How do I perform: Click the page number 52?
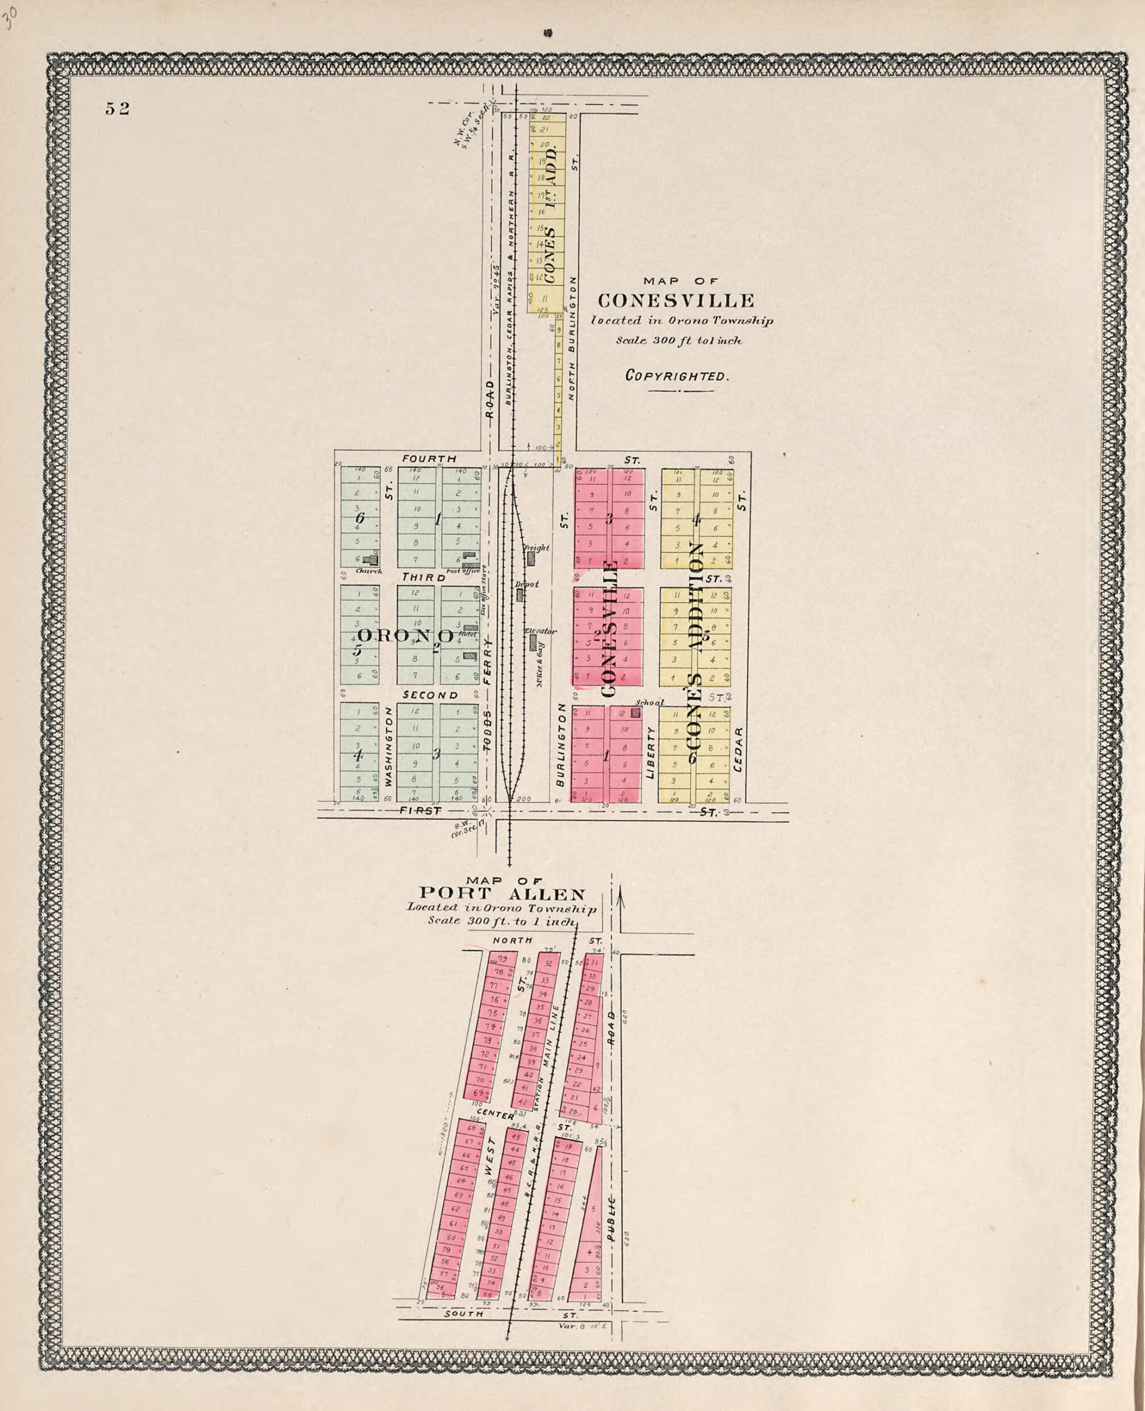pyautogui.click(x=118, y=109)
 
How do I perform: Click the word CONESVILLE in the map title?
pyautogui.click(x=676, y=301)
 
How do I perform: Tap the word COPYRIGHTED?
pyautogui.click(x=677, y=376)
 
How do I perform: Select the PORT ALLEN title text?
pyautogui.click(x=503, y=895)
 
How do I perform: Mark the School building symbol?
pyautogui.click(x=637, y=713)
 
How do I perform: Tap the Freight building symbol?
pyautogui.click(x=531, y=558)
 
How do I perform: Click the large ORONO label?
pyautogui.click(x=405, y=636)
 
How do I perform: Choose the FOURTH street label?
pyautogui.click(x=429, y=458)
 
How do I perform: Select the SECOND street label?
pyautogui.click(x=430, y=696)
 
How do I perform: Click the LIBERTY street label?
pyautogui.click(x=650, y=752)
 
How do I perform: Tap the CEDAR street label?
pyautogui.click(x=738, y=750)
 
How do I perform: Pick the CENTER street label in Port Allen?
pyautogui.click(x=495, y=1115)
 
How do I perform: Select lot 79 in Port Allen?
pyautogui.click(x=503, y=959)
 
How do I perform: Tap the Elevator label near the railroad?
pyautogui.click(x=541, y=631)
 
